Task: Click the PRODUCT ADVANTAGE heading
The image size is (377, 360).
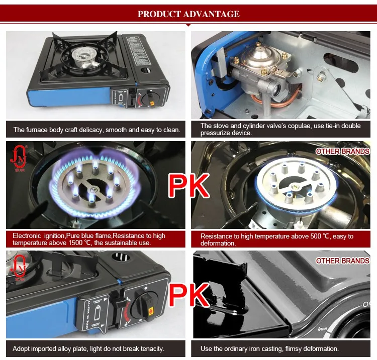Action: (x=189, y=14)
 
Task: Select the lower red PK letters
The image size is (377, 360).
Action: (x=188, y=295)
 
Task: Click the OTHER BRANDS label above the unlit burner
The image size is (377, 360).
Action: (x=342, y=151)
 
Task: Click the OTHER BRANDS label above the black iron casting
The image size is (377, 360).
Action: (x=342, y=261)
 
